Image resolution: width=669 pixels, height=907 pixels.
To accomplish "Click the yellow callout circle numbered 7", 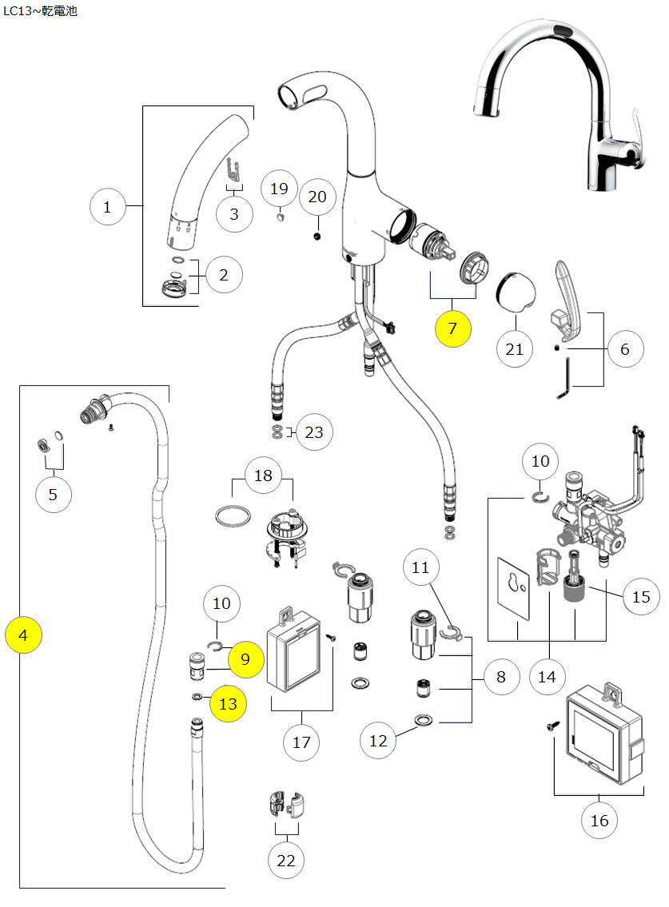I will (x=453, y=328).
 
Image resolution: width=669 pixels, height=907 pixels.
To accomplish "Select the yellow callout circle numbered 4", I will (x=23, y=635).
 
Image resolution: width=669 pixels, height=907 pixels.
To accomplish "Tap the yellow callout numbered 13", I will (x=228, y=704).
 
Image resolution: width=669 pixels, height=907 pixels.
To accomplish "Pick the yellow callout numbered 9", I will (x=245, y=659).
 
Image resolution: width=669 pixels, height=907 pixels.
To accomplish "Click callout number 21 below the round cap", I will (x=515, y=348).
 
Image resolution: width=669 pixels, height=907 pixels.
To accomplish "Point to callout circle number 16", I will (x=599, y=820).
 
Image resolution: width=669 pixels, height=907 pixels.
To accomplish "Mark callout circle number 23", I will (x=314, y=432).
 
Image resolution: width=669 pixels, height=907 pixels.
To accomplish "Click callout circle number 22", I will (x=285, y=861).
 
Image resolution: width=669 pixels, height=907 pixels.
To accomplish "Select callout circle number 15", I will (x=641, y=596).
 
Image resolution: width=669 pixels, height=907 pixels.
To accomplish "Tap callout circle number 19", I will (x=279, y=189).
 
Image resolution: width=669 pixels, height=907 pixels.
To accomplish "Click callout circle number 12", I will (x=378, y=741).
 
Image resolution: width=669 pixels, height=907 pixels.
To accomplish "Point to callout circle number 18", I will (x=263, y=475).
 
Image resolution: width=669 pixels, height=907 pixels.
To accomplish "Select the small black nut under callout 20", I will (x=317, y=237).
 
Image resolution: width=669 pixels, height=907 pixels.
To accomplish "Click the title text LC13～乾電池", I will (x=41, y=12).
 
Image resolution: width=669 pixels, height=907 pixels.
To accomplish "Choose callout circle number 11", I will (x=420, y=567).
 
